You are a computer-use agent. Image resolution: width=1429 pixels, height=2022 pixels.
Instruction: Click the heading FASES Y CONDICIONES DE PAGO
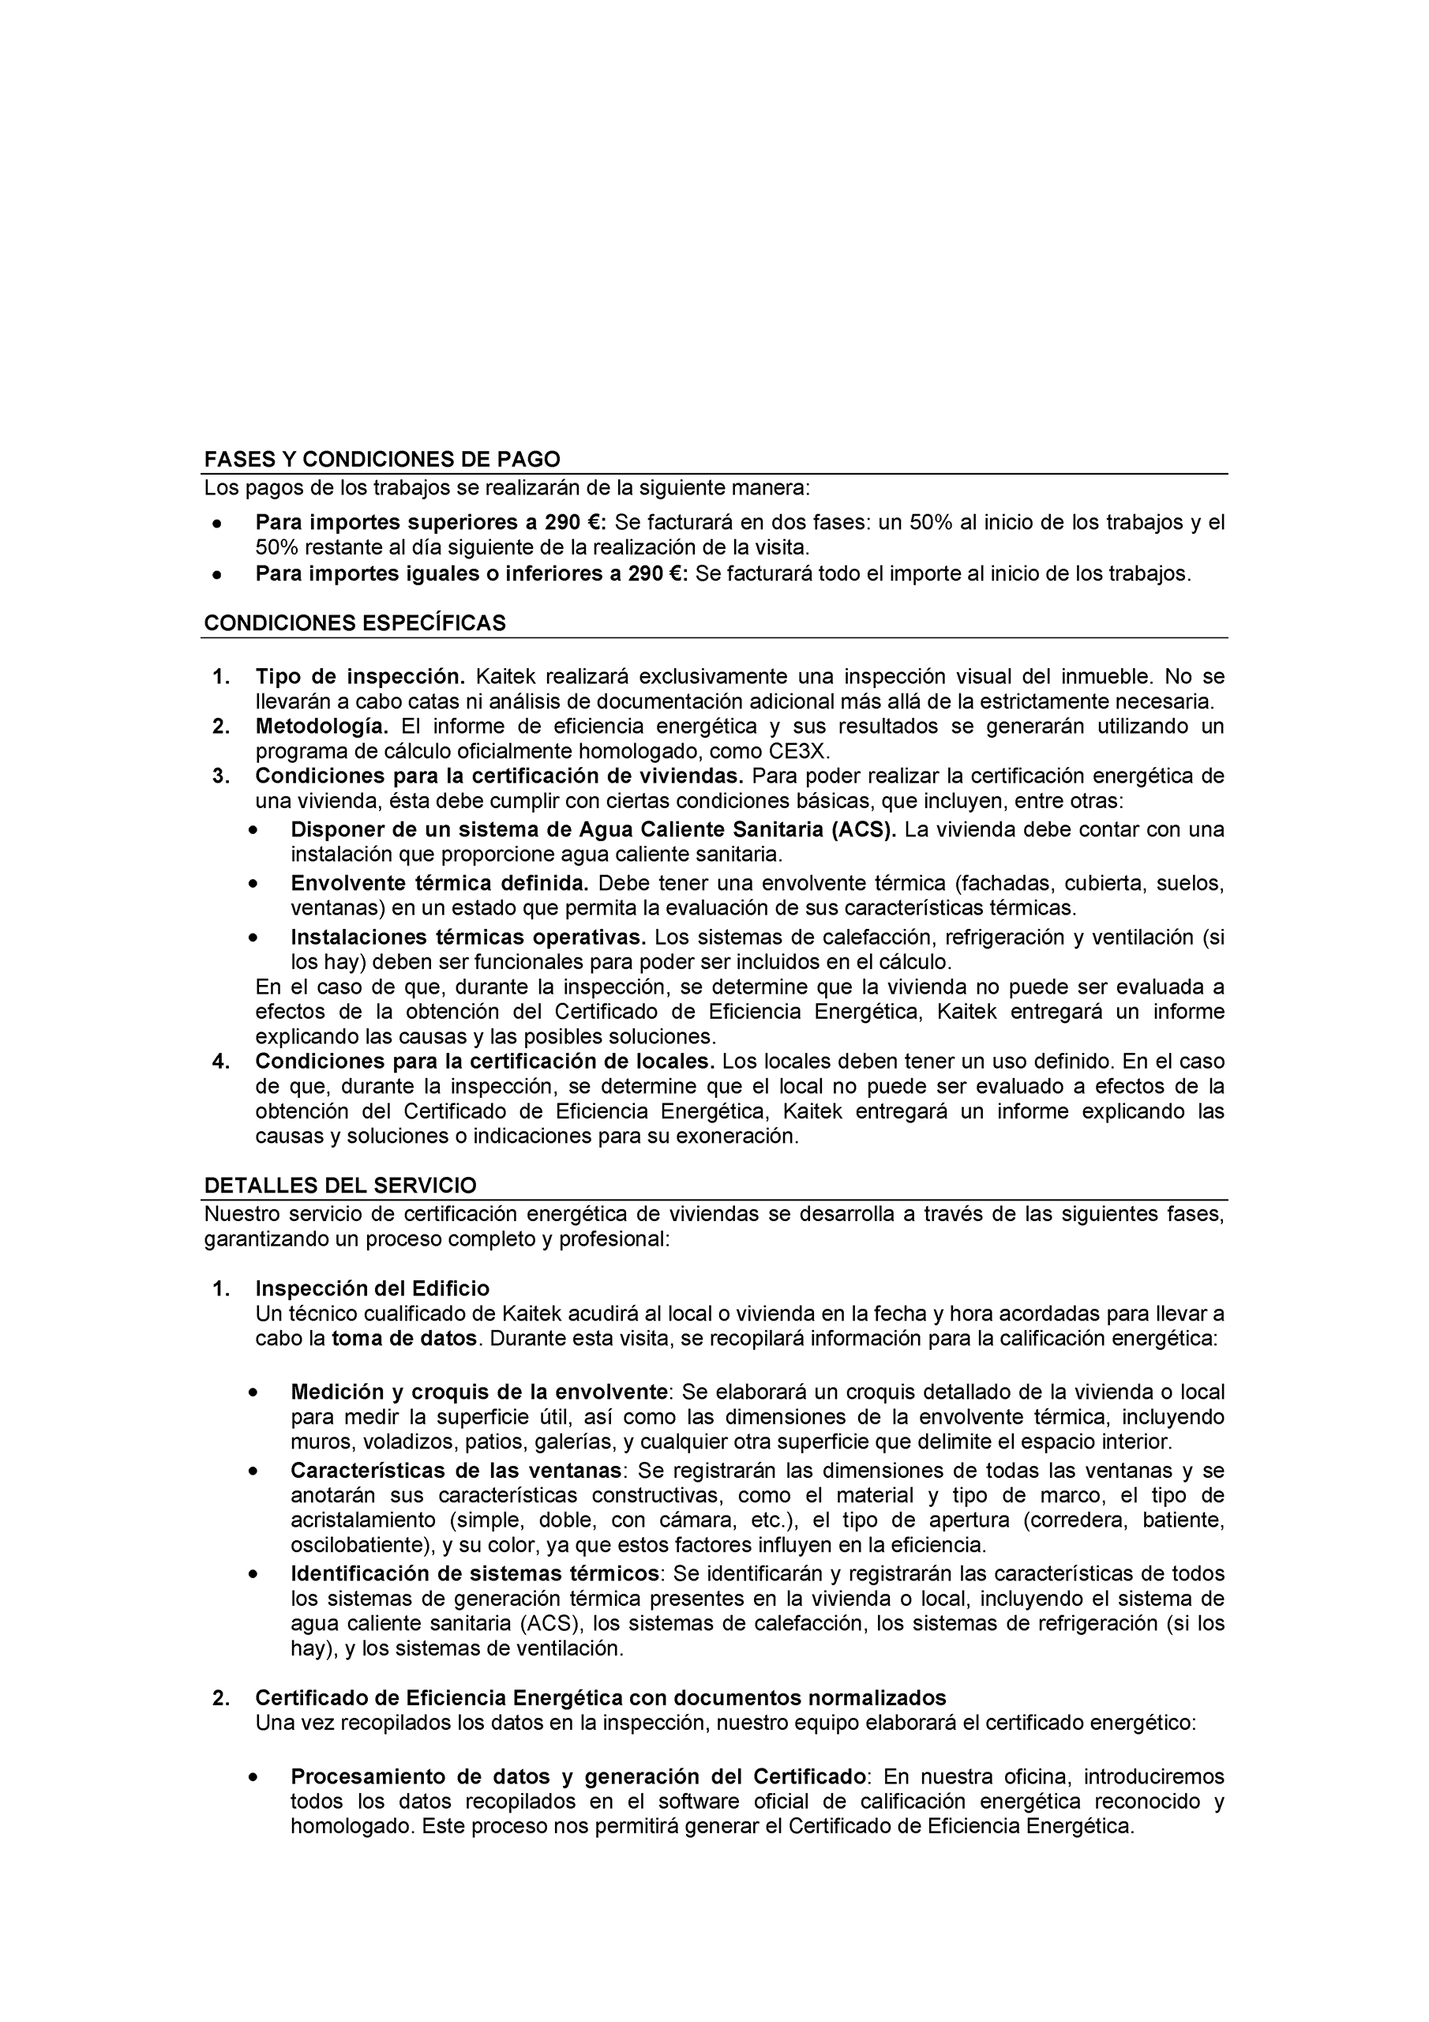coord(381,459)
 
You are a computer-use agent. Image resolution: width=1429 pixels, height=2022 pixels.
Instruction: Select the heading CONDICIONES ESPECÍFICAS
coord(354,622)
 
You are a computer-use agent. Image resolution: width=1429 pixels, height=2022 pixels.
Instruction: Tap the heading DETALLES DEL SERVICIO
coord(339,1185)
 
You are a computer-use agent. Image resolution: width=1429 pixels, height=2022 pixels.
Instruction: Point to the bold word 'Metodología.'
coord(321,727)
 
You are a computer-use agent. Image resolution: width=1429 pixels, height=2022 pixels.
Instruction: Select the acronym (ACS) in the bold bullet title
coord(863,829)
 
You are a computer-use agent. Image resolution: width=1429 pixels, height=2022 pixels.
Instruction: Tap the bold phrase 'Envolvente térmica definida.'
coord(439,882)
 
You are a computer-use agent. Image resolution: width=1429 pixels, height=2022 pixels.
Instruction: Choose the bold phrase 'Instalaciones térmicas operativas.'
coord(468,937)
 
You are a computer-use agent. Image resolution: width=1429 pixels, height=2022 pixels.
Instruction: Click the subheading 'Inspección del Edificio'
coord(372,1288)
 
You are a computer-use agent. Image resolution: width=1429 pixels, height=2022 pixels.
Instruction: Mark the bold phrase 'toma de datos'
coord(404,1339)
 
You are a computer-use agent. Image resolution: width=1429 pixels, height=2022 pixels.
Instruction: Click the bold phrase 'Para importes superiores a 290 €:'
coord(430,522)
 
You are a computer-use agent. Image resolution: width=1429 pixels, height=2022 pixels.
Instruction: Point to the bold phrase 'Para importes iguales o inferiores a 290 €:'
coord(472,574)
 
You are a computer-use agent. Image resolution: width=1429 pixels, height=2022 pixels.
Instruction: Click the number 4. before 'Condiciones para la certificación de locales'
coord(221,1062)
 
